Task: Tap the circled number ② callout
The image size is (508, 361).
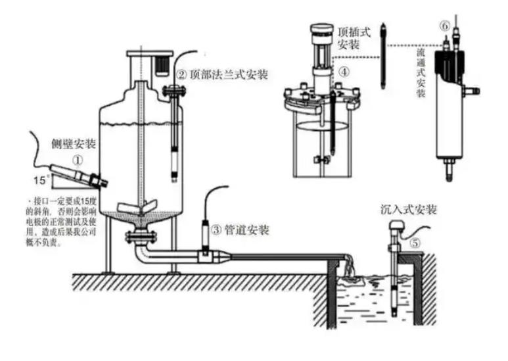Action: [181, 74]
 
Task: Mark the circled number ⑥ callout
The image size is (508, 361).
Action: [445, 26]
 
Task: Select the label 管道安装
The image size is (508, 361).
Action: [246, 230]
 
